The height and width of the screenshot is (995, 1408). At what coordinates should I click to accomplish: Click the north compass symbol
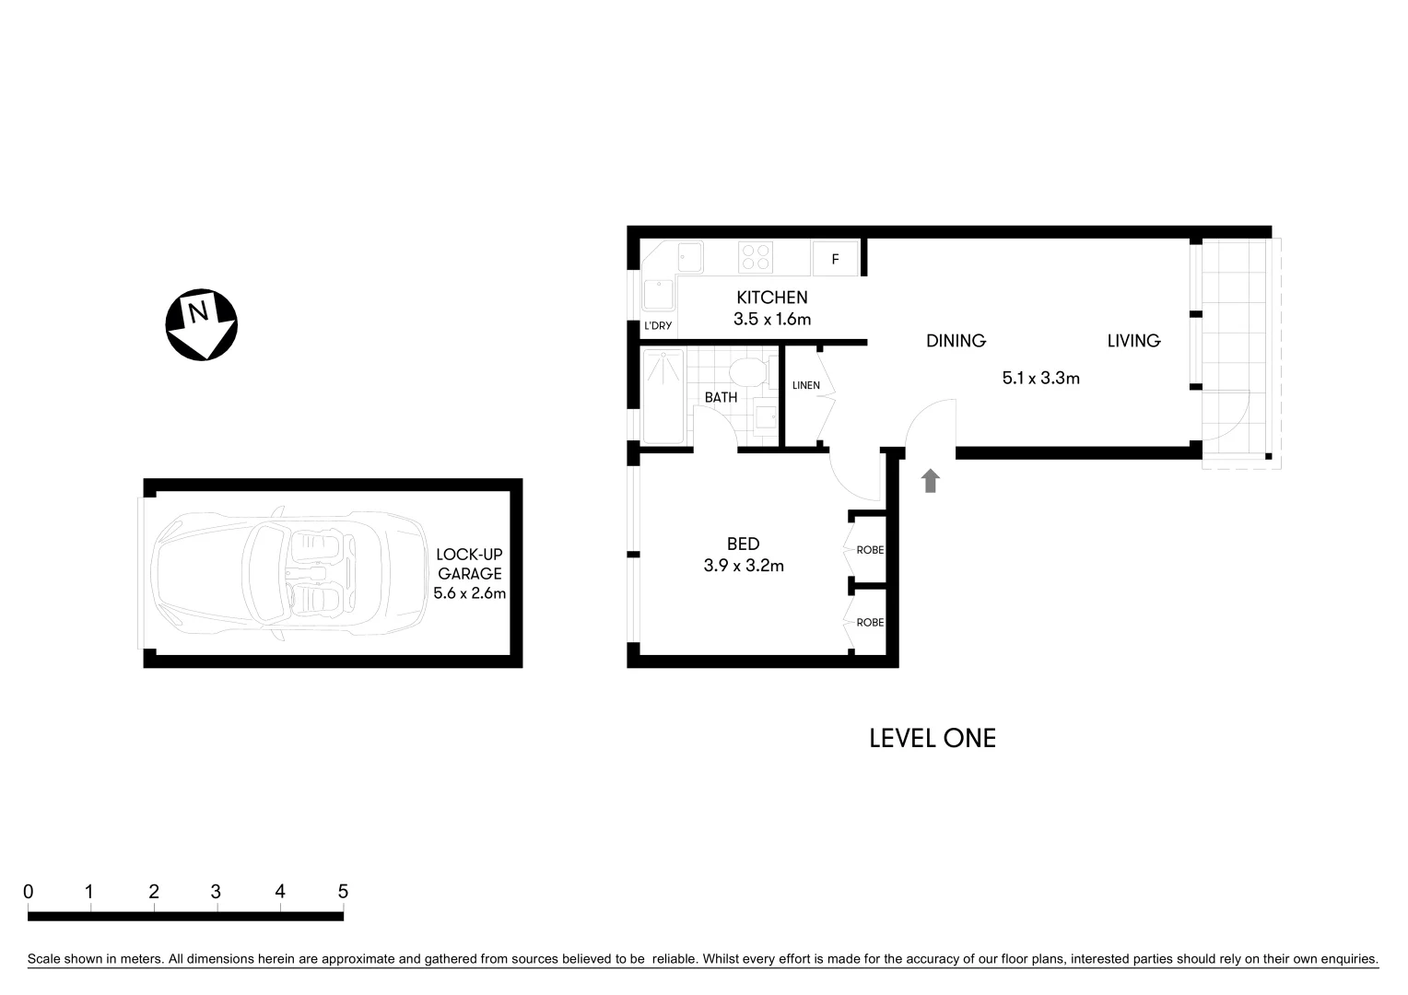coord(201,325)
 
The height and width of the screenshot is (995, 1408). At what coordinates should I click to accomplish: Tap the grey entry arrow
coord(931,480)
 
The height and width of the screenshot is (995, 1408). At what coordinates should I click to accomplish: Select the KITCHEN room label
coord(771,298)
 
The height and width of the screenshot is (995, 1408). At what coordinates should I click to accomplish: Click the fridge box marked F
coord(836,259)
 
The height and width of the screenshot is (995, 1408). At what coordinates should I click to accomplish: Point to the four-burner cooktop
coord(756,256)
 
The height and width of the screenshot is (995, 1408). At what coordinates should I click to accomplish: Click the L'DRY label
coord(658,326)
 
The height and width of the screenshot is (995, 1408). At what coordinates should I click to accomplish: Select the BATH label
coord(721,398)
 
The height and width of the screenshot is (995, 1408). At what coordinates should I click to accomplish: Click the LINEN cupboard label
coord(805,385)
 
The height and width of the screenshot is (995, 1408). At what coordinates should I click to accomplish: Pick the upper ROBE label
coord(870,550)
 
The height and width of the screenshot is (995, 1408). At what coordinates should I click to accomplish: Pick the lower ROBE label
coord(870,623)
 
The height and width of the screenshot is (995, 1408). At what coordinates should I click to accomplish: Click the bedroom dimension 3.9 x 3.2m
coord(743,567)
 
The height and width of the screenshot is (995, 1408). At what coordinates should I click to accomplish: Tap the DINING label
coord(956,341)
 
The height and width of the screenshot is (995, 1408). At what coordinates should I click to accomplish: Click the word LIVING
coord(1133,341)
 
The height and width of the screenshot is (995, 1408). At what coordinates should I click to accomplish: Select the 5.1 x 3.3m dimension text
coord(1040,378)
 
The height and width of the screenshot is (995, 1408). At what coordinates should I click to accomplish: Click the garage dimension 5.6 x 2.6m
coord(470,593)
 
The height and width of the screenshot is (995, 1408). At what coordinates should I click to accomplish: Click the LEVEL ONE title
coord(933,738)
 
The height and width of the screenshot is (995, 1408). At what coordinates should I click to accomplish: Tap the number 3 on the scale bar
coord(216,892)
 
